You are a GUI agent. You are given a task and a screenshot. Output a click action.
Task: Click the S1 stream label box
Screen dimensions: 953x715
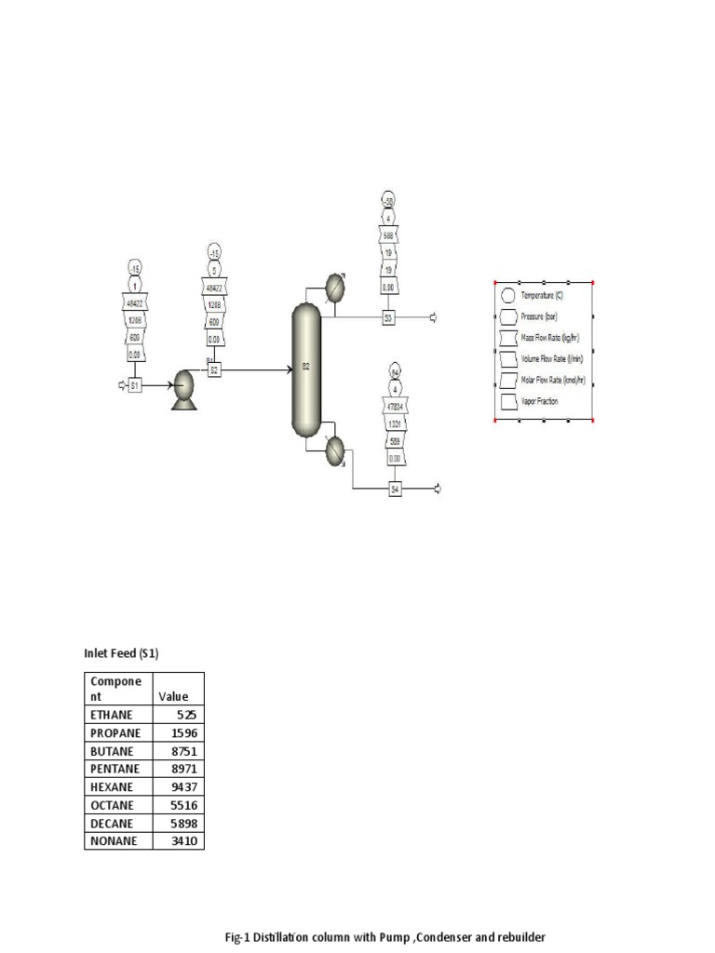134,384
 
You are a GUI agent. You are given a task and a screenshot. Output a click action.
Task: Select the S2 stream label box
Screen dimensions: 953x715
214,369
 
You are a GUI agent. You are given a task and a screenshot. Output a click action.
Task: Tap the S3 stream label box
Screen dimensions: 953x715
388,317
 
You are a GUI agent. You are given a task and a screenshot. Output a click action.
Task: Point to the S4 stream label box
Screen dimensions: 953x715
395,489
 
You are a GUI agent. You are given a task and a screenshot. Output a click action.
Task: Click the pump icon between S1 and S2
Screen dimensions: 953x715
183,384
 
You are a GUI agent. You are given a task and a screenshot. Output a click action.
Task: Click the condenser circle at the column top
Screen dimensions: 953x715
334,287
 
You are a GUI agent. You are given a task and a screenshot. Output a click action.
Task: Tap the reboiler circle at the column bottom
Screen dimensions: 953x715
334,452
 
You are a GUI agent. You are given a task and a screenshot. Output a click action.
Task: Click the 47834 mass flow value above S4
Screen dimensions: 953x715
395,407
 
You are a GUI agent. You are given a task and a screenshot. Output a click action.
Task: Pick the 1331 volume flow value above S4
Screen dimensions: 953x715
395,424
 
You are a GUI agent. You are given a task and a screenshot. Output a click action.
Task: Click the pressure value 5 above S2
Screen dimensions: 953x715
214,271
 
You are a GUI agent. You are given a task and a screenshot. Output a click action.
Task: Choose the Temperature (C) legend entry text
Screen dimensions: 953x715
542,295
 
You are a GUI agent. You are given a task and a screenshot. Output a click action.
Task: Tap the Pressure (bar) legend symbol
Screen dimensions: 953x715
507,316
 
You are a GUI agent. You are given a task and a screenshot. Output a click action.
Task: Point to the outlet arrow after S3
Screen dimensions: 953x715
433,317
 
